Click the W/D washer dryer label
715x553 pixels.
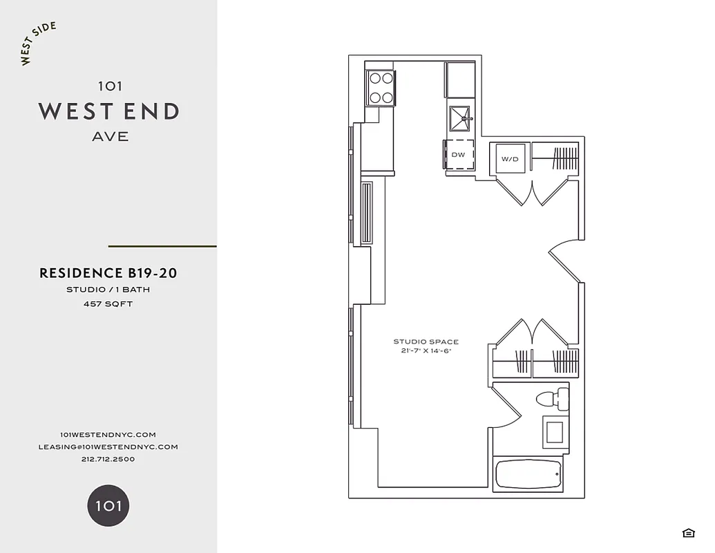(x=510, y=159)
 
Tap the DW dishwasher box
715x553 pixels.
(x=459, y=155)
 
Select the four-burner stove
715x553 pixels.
(x=381, y=88)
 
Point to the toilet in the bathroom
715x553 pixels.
(x=553, y=399)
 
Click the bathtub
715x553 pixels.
(x=529, y=474)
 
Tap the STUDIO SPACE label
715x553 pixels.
(x=426, y=341)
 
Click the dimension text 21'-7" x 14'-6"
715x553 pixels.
(x=426, y=351)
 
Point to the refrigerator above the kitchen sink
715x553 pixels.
(x=460, y=79)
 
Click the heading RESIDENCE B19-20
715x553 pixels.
(x=108, y=273)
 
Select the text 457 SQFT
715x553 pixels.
(x=108, y=303)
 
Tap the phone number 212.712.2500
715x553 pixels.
(x=108, y=459)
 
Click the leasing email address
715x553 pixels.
(x=108, y=447)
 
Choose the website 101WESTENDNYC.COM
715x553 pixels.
(x=108, y=434)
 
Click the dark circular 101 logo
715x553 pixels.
(x=108, y=505)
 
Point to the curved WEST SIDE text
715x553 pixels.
(x=38, y=44)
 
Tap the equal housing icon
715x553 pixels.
(x=688, y=532)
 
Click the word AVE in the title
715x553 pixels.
(x=111, y=137)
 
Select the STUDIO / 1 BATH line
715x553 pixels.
(x=108, y=290)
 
